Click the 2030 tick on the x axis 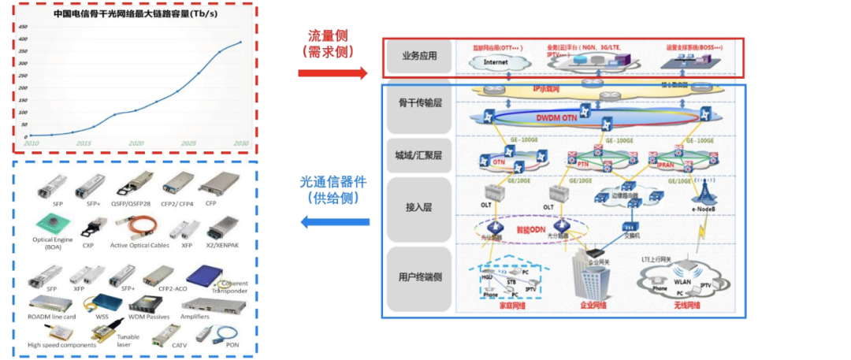(x=240, y=143)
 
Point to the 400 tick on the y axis (x=23, y=39)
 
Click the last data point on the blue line (x=241, y=43)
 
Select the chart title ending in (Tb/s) (x=135, y=14)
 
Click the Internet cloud (x=496, y=61)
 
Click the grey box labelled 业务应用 (x=418, y=56)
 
